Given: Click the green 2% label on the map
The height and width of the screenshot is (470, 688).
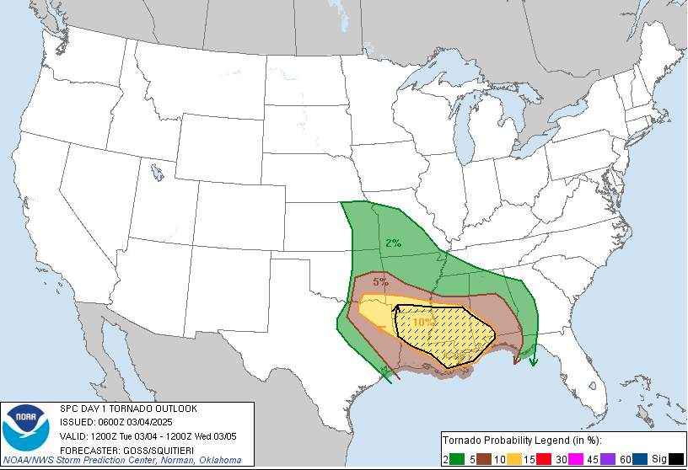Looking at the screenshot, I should pos(393,243).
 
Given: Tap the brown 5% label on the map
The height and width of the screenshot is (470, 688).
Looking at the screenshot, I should pos(380,281).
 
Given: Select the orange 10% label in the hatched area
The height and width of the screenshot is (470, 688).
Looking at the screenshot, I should pos(424,322).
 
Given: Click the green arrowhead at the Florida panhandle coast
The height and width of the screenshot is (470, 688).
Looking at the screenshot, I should pos(533,362).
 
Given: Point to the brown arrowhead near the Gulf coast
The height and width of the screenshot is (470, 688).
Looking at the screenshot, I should pos(516,361).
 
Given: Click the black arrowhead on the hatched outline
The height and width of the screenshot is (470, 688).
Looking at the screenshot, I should pos(397,309).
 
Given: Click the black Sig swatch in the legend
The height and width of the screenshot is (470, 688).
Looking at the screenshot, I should pos(675,458).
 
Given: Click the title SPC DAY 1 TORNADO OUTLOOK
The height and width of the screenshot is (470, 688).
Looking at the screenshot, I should pos(128,409).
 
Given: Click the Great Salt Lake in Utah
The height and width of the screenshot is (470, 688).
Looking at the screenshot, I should pos(159,174).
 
